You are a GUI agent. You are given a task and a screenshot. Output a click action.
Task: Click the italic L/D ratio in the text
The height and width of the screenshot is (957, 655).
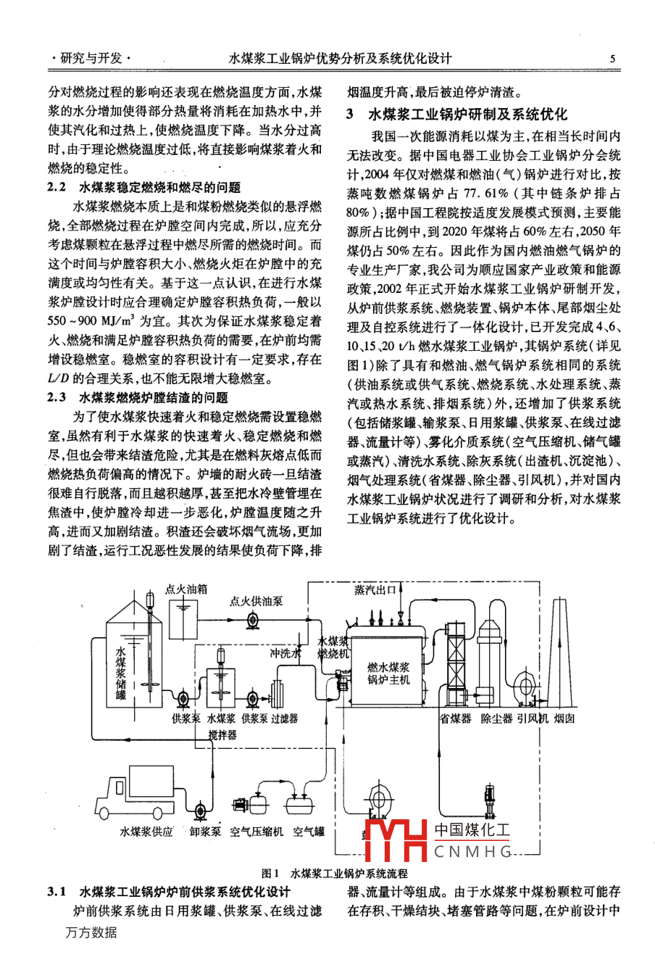pyautogui.click(x=57, y=378)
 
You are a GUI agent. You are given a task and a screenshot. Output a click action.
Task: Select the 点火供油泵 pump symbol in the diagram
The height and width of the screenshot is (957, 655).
pyautogui.click(x=254, y=619)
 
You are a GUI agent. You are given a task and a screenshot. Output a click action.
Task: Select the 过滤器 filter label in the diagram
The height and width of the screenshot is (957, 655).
pyautogui.click(x=285, y=718)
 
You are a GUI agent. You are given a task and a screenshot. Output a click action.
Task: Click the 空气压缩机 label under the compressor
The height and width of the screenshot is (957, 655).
pyautogui.click(x=256, y=832)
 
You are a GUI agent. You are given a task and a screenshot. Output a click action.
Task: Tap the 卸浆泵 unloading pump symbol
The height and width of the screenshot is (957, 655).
pyautogui.click(x=202, y=808)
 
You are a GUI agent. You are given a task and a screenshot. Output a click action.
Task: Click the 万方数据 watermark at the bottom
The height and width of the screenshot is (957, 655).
pyautogui.click(x=91, y=932)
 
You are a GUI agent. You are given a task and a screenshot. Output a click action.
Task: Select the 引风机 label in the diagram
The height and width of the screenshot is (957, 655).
pyautogui.click(x=533, y=718)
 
